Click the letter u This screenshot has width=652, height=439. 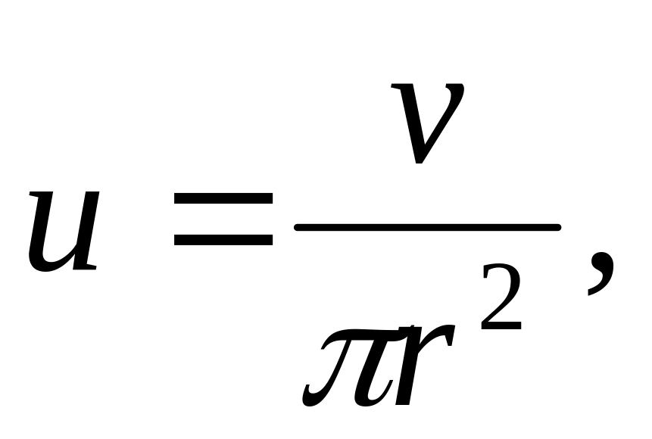coord(64,231)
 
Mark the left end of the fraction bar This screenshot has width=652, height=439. coord(298,226)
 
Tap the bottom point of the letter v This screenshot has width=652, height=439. coord(415,160)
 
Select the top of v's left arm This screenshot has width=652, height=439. coord(399,88)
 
